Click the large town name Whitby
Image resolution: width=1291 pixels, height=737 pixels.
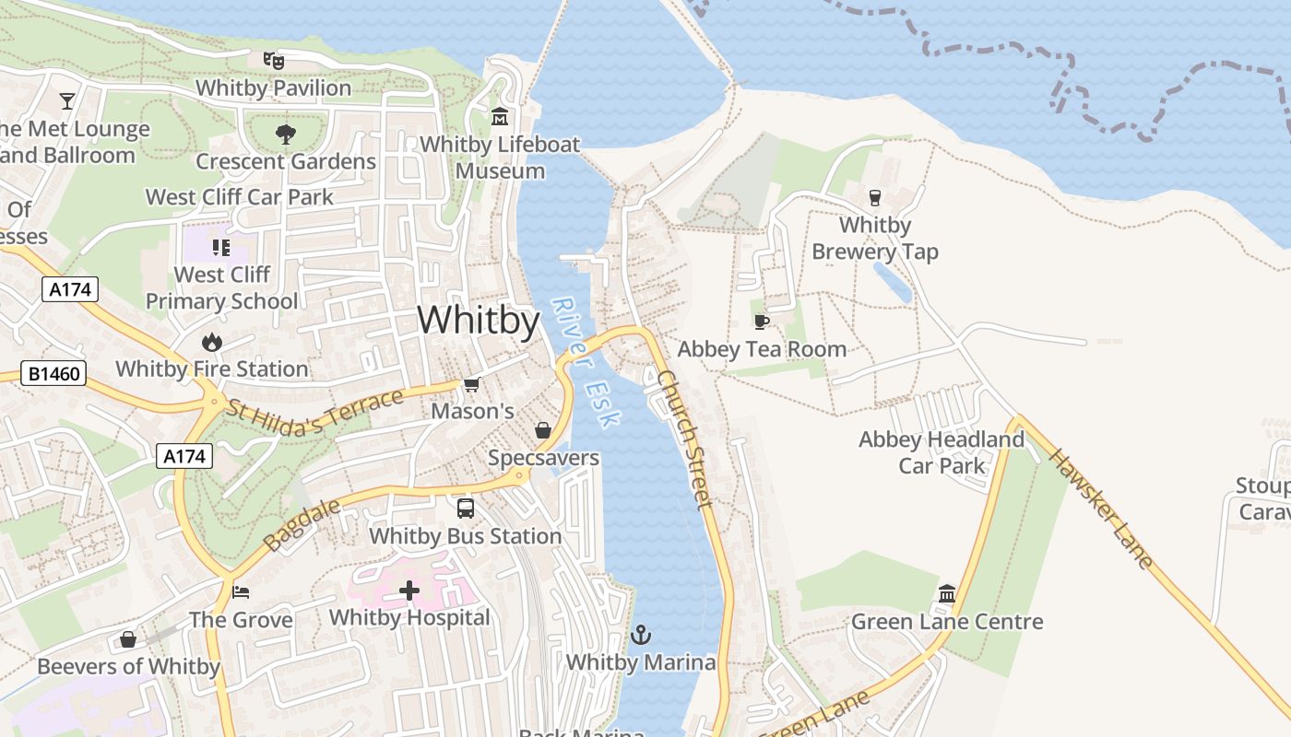tap(478, 320)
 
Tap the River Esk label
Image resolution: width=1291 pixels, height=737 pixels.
tap(586, 361)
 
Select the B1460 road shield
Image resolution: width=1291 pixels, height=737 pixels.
tap(54, 374)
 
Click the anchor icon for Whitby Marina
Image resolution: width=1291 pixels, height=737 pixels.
tap(640, 635)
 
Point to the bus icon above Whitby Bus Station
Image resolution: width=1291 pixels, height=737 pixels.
tap(466, 508)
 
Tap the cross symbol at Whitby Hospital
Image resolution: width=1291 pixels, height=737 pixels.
tap(409, 591)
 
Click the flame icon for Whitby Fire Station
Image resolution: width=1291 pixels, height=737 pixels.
tap(212, 342)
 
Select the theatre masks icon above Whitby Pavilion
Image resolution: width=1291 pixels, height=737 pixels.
tap(273, 61)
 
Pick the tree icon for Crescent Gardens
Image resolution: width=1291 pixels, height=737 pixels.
tap(286, 135)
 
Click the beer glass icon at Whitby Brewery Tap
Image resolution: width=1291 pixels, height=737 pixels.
tap(875, 197)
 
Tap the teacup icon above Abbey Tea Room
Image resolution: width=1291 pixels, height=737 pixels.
tap(761, 322)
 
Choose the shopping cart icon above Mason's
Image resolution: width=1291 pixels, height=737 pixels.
tap(472, 384)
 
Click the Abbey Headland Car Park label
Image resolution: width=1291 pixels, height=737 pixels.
tap(942, 452)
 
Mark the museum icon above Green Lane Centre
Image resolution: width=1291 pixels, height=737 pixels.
tap(947, 594)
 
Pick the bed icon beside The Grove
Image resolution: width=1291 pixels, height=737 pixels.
tap(241, 591)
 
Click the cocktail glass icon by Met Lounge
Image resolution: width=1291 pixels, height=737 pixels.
tap(67, 100)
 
